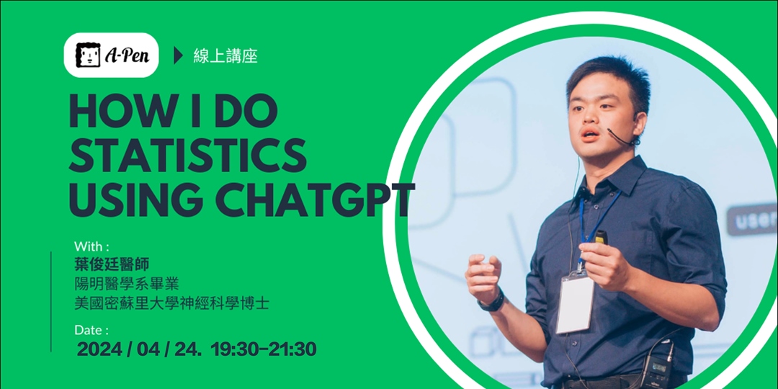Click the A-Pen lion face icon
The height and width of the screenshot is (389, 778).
[x=87, y=55]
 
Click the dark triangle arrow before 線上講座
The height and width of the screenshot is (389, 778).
[x=179, y=55]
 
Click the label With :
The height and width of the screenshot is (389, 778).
[x=91, y=246]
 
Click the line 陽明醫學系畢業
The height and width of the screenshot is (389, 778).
[x=127, y=284]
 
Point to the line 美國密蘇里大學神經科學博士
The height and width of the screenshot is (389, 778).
[x=171, y=303]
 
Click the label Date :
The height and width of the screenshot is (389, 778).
[x=91, y=330]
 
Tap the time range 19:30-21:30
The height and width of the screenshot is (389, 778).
[x=264, y=349]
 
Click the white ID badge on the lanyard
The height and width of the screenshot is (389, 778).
[x=576, y=303]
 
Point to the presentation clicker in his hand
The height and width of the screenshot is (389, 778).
[x=601, y=237]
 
